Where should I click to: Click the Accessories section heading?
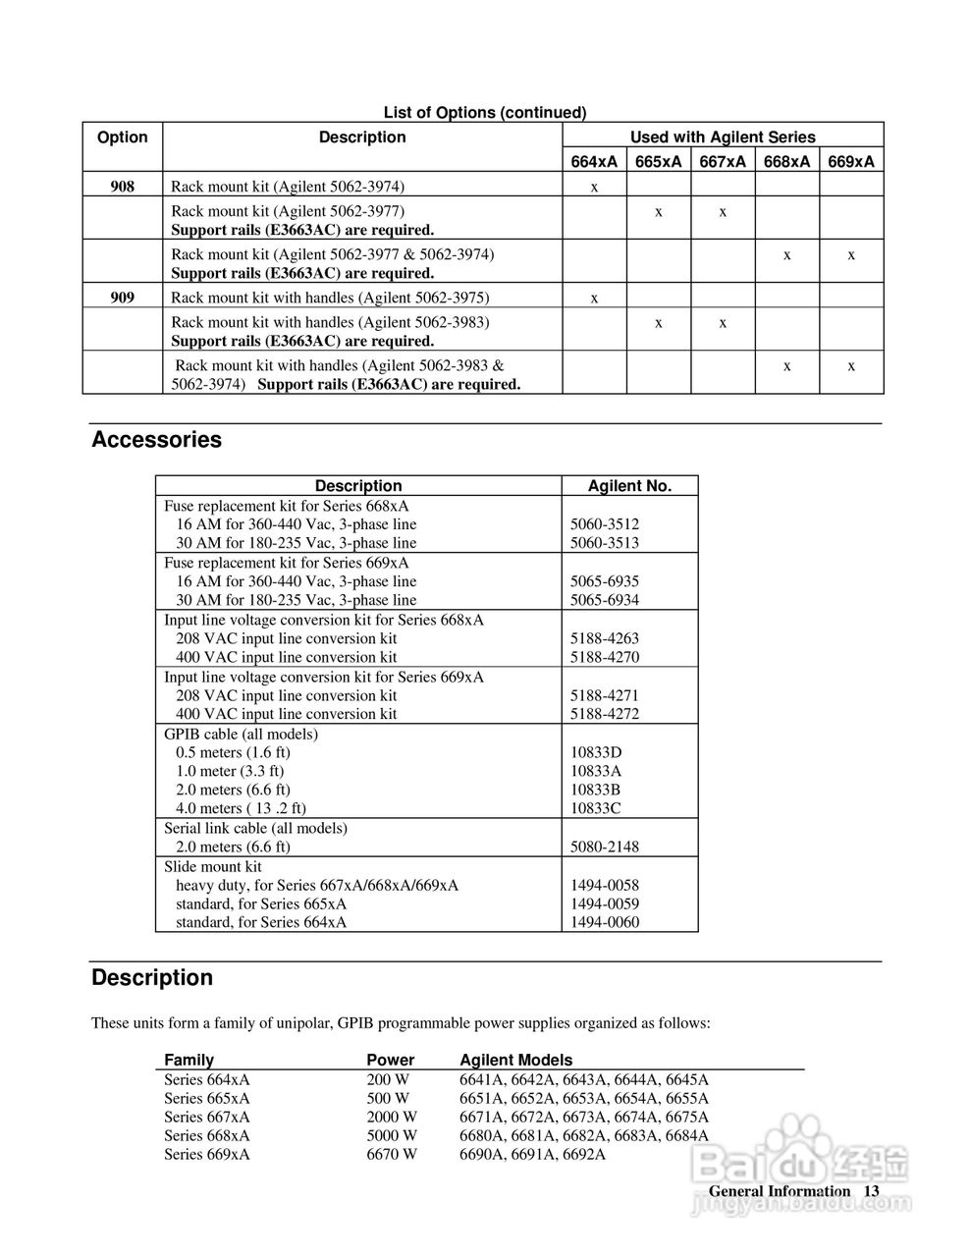point(156,440)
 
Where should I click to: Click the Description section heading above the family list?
point(152,978)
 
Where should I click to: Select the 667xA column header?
point(723,161)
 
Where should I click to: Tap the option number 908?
point(122,186)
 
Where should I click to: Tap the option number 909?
point(122,298)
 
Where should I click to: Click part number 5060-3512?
point(604,524)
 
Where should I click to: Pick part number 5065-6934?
point(604,600)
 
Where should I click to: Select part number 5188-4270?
point(604,657)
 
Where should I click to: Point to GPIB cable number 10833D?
point(596,752)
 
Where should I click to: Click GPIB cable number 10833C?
point(596,808)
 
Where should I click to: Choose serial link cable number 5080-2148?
point(604,847)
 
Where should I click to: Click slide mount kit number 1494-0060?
point(604,922)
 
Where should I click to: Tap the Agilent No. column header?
point(629,486)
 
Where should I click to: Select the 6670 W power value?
point(392,1154)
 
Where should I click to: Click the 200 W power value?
point(388,1079)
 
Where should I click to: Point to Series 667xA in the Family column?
point(206,1117)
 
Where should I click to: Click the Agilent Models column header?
point(515,1061)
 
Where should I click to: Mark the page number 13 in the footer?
point(871,1191)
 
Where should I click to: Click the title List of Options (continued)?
point(484,113)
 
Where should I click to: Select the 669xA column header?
point(851,161)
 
